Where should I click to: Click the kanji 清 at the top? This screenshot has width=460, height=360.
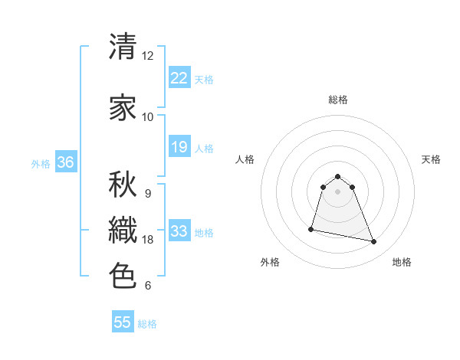(123, 47)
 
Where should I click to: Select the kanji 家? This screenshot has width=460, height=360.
(123, 108)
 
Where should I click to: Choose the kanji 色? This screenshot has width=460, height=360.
(123, 276)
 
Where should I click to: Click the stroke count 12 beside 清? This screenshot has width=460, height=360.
(148, 56)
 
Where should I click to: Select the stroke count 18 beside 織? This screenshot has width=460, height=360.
(148, 240)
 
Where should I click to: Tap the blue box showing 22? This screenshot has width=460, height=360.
(179, 78)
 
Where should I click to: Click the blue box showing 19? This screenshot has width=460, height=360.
(179, 147)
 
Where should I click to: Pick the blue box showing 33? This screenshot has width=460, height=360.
(179, 231)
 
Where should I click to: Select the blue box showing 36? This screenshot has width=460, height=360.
(65, 162)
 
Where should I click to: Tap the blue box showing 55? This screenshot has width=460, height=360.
(123, 322)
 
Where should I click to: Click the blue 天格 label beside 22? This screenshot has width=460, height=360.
(204, 80)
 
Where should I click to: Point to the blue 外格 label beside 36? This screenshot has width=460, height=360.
(41, 164)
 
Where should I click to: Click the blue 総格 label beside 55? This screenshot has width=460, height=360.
(147, 324)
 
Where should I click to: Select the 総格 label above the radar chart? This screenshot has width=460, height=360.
(338, 100)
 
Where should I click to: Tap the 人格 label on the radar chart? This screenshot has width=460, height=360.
(245, 159)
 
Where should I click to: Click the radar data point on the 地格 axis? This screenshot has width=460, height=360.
(374, 242)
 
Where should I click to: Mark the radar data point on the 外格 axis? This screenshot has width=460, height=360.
(311, 229)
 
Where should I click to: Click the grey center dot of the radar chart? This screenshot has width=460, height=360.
(338, 191)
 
